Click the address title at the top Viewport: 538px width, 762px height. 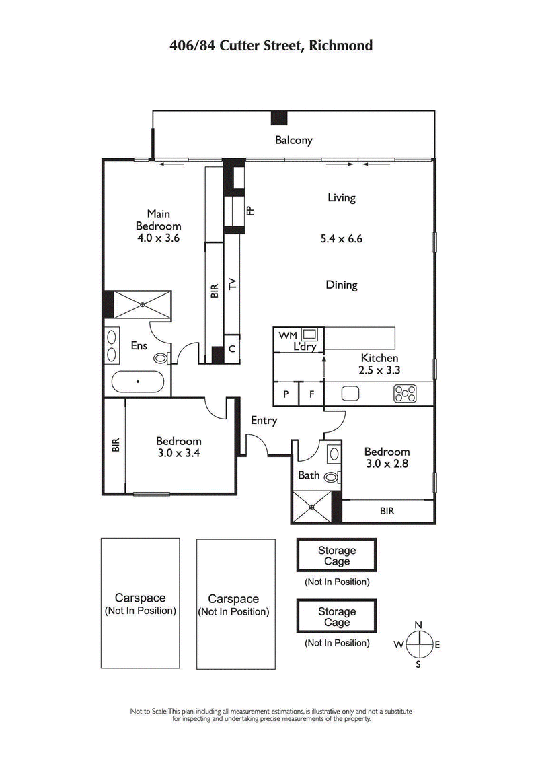[270, 46]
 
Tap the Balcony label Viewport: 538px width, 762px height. [293, 140]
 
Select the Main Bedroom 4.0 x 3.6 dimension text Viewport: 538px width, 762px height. [158, 238]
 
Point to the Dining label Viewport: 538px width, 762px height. [341, 285]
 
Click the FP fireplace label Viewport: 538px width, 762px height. [250, 210]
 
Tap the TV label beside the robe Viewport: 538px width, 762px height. [233, 283]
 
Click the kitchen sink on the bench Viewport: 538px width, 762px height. [350, 394]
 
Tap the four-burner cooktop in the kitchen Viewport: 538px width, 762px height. [406, 393]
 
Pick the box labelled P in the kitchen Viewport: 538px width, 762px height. [286, 394]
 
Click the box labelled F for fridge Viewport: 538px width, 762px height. [311, 394]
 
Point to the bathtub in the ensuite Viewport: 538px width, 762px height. [138, 382]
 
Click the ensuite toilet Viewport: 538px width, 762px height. [161, 359]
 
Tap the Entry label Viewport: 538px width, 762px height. [264, 421]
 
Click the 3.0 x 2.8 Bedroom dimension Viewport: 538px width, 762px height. [387, 463]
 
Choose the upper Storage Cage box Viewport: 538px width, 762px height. [337, 555]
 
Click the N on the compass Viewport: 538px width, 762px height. [418, 624]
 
